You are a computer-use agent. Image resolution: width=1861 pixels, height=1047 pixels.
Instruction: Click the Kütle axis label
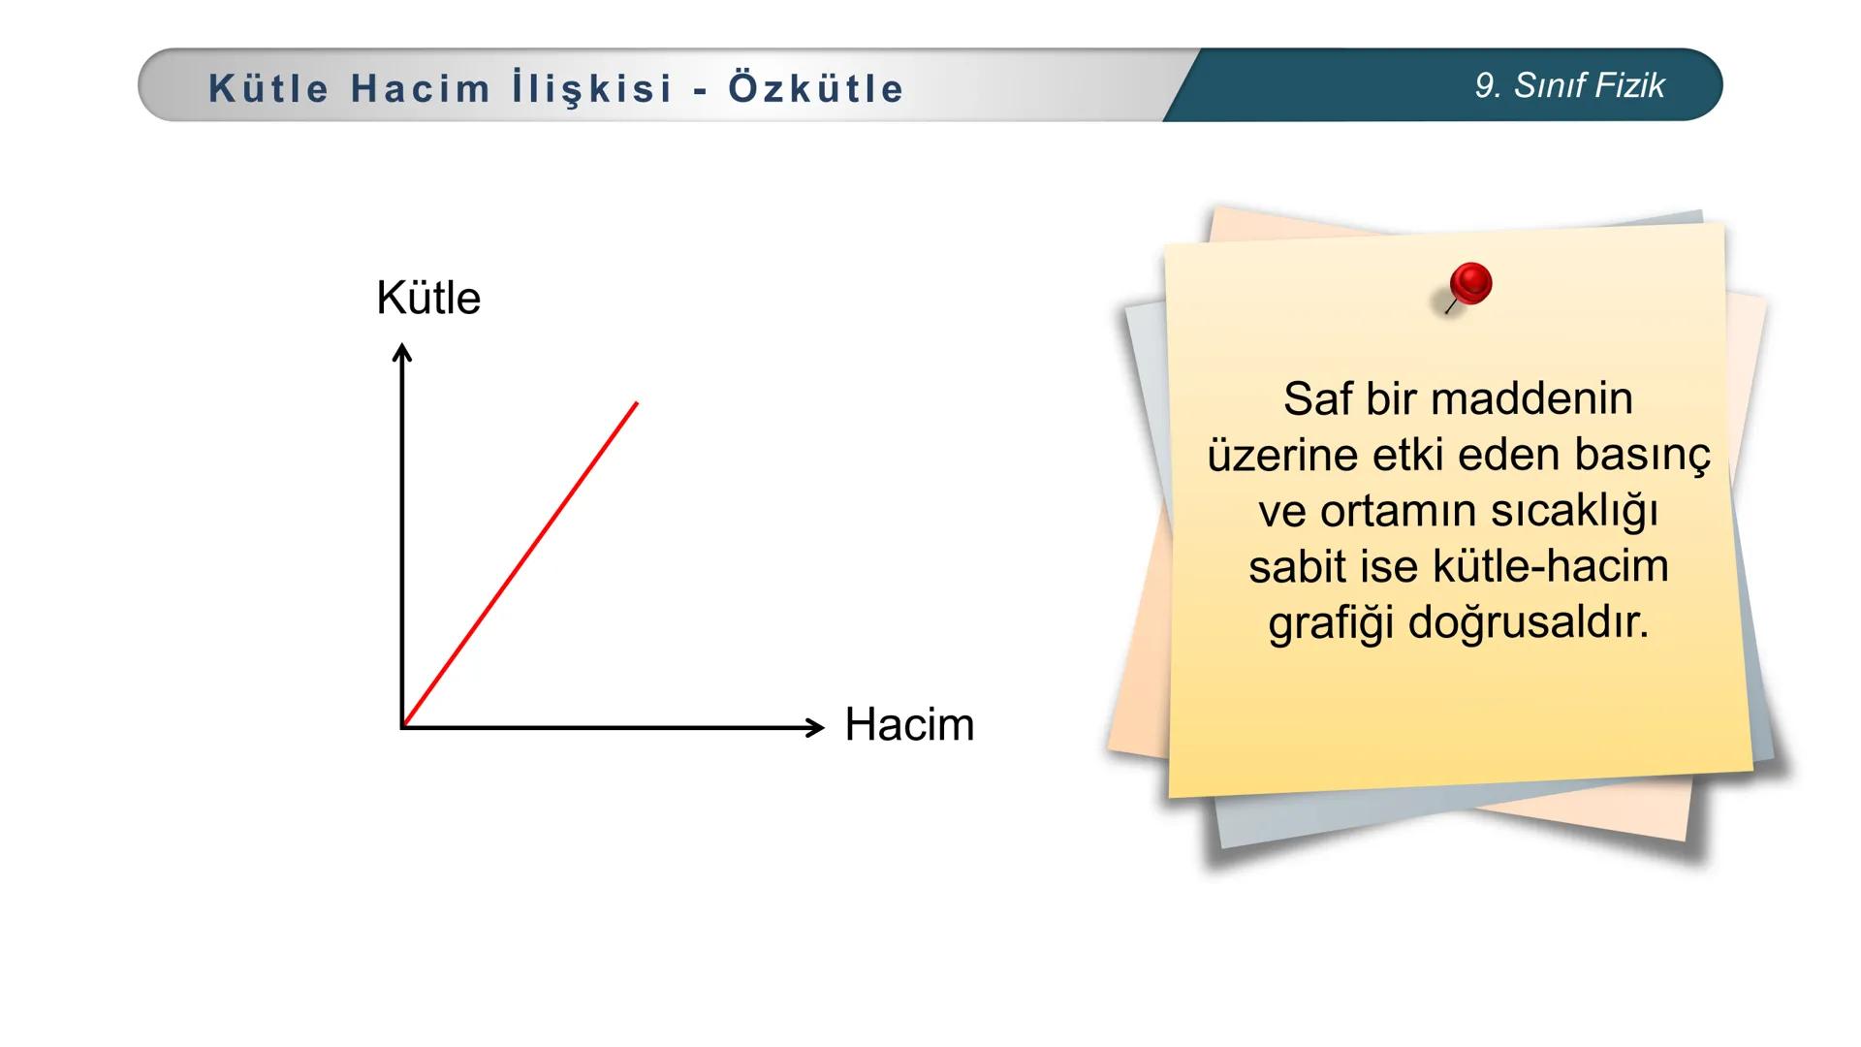(427, 298)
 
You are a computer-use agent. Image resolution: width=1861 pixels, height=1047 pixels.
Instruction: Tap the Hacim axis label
(908, 724)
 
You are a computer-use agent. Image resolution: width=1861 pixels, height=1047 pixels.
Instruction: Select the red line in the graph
(520, 564)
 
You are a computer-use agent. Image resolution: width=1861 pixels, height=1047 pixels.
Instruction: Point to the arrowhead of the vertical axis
(402, 352)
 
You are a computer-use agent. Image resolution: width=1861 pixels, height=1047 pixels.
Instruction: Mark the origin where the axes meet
(403, 726)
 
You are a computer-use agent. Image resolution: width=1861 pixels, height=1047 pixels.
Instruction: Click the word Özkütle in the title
(816, 88)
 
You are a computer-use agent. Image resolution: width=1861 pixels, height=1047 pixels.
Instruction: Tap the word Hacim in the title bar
(421, 88)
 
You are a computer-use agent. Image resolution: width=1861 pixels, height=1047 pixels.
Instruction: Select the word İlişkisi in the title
(592, 88)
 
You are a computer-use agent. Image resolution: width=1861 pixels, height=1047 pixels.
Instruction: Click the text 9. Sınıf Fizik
(1569, 85)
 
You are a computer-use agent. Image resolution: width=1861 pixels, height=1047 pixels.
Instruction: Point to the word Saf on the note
(1317, 398)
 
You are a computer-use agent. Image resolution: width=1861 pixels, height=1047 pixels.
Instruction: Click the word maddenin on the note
(1530, 398)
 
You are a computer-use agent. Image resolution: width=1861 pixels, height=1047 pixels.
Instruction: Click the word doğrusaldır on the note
(1528, 621)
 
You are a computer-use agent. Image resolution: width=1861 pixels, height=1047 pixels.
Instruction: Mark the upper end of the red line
(637, 403)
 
